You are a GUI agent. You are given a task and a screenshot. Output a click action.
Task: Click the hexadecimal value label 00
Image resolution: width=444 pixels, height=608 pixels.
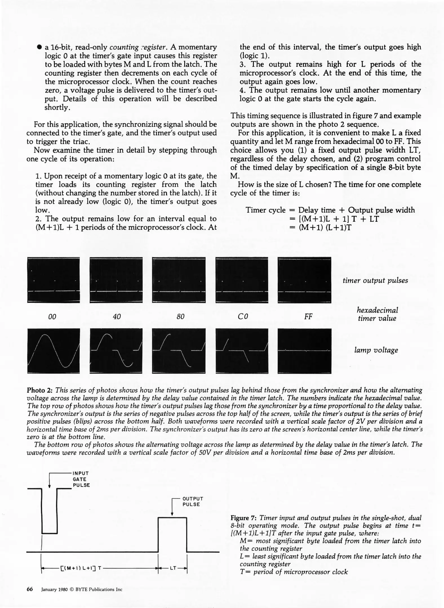(52, 317)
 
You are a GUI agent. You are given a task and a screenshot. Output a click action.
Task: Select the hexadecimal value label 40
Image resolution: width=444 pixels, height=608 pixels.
(117, 317)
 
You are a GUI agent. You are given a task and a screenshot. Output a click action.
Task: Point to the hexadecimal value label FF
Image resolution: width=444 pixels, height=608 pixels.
(308, 317)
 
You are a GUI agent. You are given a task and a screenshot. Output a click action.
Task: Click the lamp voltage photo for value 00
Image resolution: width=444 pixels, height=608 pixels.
(54, 351)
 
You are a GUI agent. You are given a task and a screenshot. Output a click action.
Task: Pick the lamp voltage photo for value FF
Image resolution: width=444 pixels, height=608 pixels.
(304, 351)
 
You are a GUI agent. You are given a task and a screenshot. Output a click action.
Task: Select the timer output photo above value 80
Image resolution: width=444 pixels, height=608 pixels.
(179, 280)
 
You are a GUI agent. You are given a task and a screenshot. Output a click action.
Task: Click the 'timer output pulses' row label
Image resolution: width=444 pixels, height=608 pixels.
(375, 280)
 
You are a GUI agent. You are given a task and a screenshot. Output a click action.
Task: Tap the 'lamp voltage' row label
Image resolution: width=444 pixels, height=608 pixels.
(376, 350)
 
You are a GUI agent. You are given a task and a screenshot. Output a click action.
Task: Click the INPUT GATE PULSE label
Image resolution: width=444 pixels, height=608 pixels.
(81, 479)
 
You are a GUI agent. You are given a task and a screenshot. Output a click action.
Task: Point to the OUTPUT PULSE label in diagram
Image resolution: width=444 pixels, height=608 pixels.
(193, 501)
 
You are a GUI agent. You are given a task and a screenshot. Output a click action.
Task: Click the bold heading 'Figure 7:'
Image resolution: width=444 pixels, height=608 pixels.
(243, 518)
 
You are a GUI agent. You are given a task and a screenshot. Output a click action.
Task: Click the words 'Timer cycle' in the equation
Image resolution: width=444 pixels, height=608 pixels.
(265, 210)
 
